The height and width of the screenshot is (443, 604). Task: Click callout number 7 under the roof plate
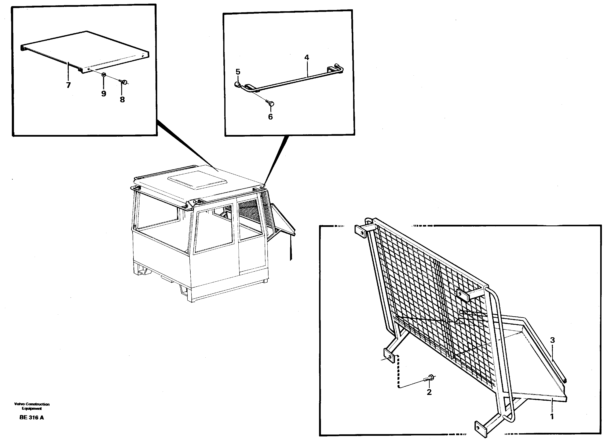point(68,85)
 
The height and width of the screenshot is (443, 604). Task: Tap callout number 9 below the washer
point(104,94)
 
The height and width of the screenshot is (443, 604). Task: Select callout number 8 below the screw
point(122,100)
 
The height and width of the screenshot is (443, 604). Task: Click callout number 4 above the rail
point(307,57)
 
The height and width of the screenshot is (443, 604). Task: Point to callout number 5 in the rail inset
point(238,72)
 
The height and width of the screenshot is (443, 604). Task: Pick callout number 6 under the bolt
point(270,117)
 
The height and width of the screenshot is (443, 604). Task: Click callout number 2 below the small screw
point(429,392)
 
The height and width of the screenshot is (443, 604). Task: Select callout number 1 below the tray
point(552,417)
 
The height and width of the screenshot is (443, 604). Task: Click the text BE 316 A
point(32,418)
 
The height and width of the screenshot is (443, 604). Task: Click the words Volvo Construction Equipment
point(32,406)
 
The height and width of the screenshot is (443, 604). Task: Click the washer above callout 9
point(104,75)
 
